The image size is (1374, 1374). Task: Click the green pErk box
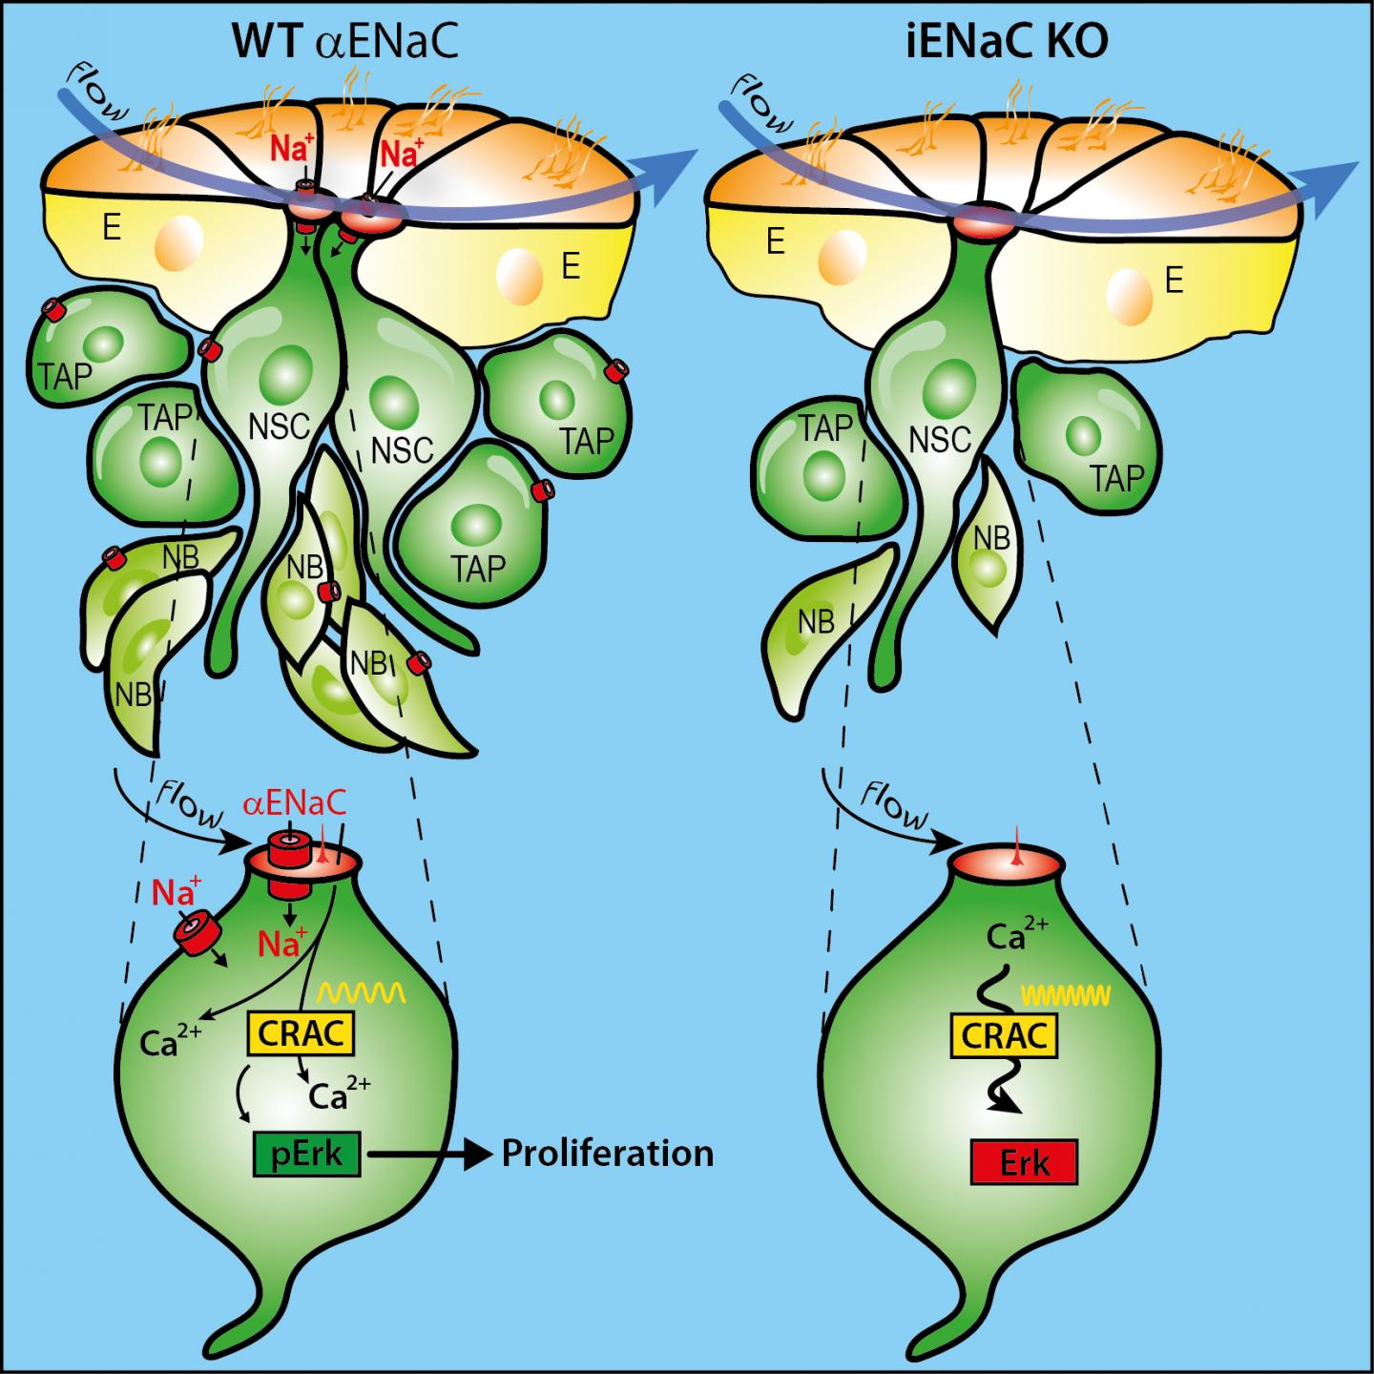click(306, 1155)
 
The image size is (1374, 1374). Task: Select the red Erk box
click(1024, 1162)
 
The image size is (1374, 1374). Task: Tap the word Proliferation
click(608, 1154)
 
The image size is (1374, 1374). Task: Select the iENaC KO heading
click(1007, 43)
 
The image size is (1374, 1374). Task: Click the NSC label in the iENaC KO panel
click(940, 441)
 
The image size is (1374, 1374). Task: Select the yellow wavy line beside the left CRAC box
click(362, 992)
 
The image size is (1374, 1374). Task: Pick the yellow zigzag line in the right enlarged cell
click(1066, 996)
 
